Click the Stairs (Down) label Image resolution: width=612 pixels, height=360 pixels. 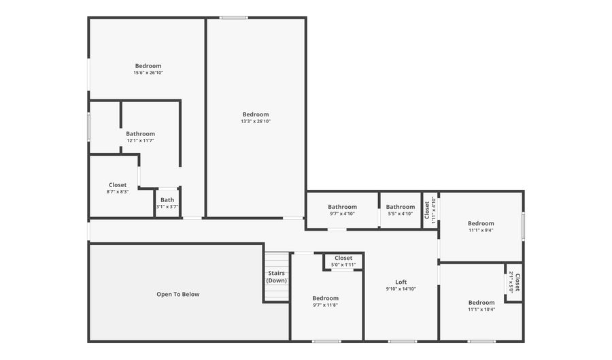tap(276, 276)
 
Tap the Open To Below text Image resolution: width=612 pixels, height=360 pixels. tap(178, 294)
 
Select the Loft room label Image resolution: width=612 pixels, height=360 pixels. tap(401, 282)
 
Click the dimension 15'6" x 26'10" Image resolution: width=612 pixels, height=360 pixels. tap(148, 73)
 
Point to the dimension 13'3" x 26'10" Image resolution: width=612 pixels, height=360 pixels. tap(256, 121)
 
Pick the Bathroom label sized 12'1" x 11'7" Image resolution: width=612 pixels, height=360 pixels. tap(140, 134)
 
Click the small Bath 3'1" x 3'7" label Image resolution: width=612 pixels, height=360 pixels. tap(167, 200)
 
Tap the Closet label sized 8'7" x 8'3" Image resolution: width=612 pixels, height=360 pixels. tap(118, 185)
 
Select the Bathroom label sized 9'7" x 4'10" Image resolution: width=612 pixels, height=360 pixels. tap(342, 207)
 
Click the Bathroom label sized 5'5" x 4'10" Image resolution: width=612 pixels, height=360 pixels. tap(401, 207)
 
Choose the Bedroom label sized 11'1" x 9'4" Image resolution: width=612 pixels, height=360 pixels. tap(481, 223)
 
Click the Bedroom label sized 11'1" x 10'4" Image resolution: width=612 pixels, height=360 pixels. tap(481, 303)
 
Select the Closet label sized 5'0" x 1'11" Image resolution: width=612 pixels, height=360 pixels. tap(343, 258)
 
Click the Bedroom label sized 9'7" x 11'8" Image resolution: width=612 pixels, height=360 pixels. tap(325, 298)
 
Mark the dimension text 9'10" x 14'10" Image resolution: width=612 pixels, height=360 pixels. tap(401, 289)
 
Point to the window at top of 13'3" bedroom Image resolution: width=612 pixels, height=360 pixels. tap(233, 18)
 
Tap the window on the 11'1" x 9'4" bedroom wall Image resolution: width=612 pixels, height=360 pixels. tap(523, 227)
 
